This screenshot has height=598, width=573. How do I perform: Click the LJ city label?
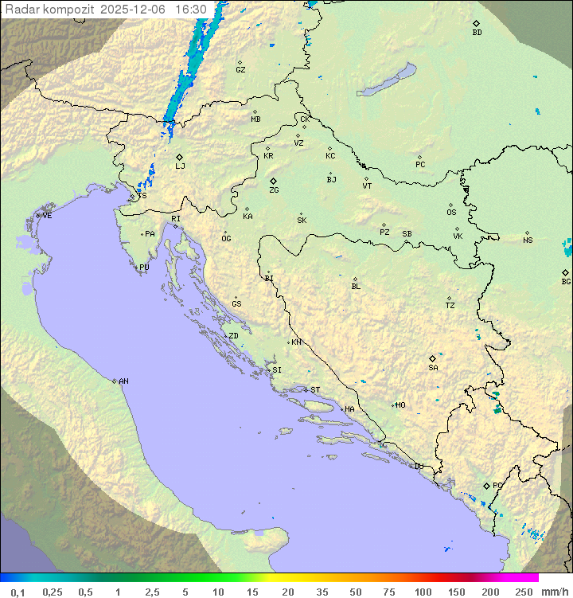[180, 166]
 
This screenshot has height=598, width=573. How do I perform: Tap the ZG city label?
[274, 190]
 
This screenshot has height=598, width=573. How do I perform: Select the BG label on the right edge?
[566, 281]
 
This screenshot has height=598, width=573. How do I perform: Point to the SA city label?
[433, 367]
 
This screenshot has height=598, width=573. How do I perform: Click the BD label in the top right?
[477, 33]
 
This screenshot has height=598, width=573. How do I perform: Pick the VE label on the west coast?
[47, 216]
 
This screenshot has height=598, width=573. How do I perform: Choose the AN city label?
[123, 381]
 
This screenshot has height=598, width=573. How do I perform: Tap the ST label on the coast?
[315, 389]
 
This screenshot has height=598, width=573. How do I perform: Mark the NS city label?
[528, 240]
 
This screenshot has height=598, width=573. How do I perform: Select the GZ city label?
[240, 70]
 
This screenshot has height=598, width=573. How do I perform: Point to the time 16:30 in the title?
[191, 10]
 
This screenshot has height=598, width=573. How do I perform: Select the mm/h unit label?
[554, 592]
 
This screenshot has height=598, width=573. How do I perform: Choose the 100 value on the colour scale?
[423, 592]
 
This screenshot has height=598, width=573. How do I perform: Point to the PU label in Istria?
[144, 268]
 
